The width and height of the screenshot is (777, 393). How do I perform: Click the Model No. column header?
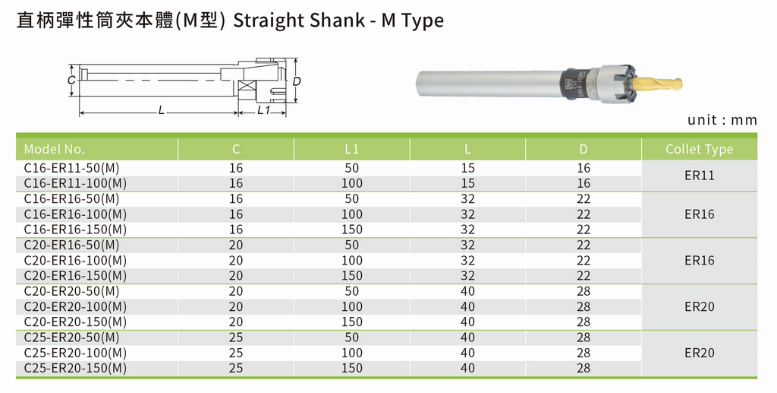click(55, 149)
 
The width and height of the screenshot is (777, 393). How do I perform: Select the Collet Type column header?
click(699, 149)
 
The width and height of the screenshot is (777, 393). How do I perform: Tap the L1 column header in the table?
click(351, 149)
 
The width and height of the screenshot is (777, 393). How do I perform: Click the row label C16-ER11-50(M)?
click(72, 168)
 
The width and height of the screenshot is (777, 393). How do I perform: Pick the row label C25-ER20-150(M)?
click(75, 368)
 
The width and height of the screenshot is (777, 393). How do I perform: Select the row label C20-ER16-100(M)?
click(75, 261)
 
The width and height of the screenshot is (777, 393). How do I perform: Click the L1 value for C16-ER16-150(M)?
click(352, 230)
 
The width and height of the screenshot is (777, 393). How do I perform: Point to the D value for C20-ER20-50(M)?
click(584, 291)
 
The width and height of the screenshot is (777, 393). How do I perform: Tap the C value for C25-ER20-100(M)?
click(236, 353)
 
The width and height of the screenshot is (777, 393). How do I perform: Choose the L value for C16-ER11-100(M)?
click(467, 184)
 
